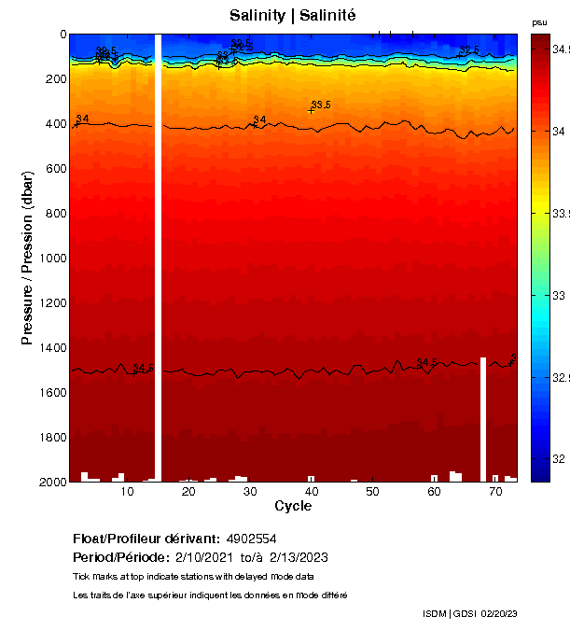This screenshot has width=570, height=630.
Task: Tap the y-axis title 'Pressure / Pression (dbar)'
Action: pos(27,258)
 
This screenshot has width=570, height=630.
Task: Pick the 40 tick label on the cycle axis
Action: pos(312,492)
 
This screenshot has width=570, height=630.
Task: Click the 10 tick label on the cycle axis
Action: pos(129,492)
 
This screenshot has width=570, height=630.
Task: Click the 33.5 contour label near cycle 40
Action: pos(321,105)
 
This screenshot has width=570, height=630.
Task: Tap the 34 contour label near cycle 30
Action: pos(259,119)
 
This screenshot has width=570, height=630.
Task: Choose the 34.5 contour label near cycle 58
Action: pos(426,362)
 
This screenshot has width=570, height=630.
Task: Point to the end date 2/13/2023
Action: pos(299,557)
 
